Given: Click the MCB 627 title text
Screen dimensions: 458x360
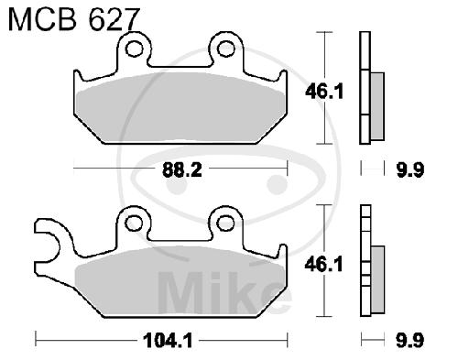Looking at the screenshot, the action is pyautogui.click(x=73, y=19).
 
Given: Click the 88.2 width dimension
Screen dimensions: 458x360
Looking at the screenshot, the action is pyautogui.click(x=182, y=169).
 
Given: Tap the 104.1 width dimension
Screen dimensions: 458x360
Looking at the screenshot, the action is pyautogui.click(x=168, y=341).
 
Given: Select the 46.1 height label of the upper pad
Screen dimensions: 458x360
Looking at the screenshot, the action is pyautogui.click(x=324, y=92).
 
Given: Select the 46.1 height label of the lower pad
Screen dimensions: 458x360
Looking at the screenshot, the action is pyautogui.click(x=323, y=265).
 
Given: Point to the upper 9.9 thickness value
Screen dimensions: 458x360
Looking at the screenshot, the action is pyautogui.click(x=410, y=169).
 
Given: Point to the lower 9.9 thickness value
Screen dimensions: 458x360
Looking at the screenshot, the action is pyautogui.click(x=410, y=340).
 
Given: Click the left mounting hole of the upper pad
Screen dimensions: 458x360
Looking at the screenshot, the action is pyautogui.click(x=134, y=49).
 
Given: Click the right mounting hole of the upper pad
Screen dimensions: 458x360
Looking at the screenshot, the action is pyautogui.click(x=226, y=49).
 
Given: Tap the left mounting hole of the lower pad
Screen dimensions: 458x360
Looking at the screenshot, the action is pyautogui.click(x=135, y=223).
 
